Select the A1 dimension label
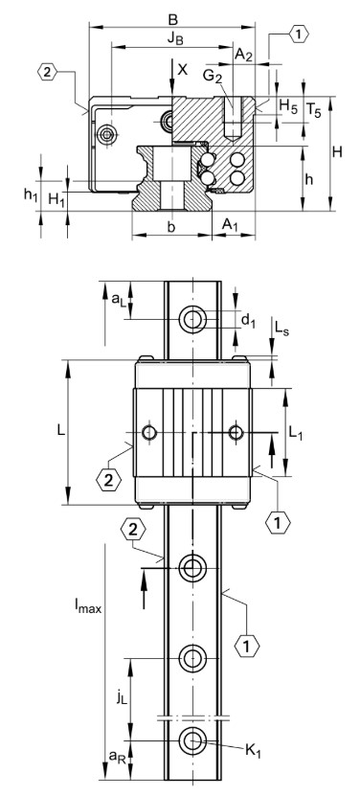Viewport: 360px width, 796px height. point(231,223)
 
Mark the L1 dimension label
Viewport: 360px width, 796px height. point(297,432)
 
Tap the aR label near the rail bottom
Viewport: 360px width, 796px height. point(114,758)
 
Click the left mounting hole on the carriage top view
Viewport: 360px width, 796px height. point(148,433)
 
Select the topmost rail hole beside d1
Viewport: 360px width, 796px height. point(194,318)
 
